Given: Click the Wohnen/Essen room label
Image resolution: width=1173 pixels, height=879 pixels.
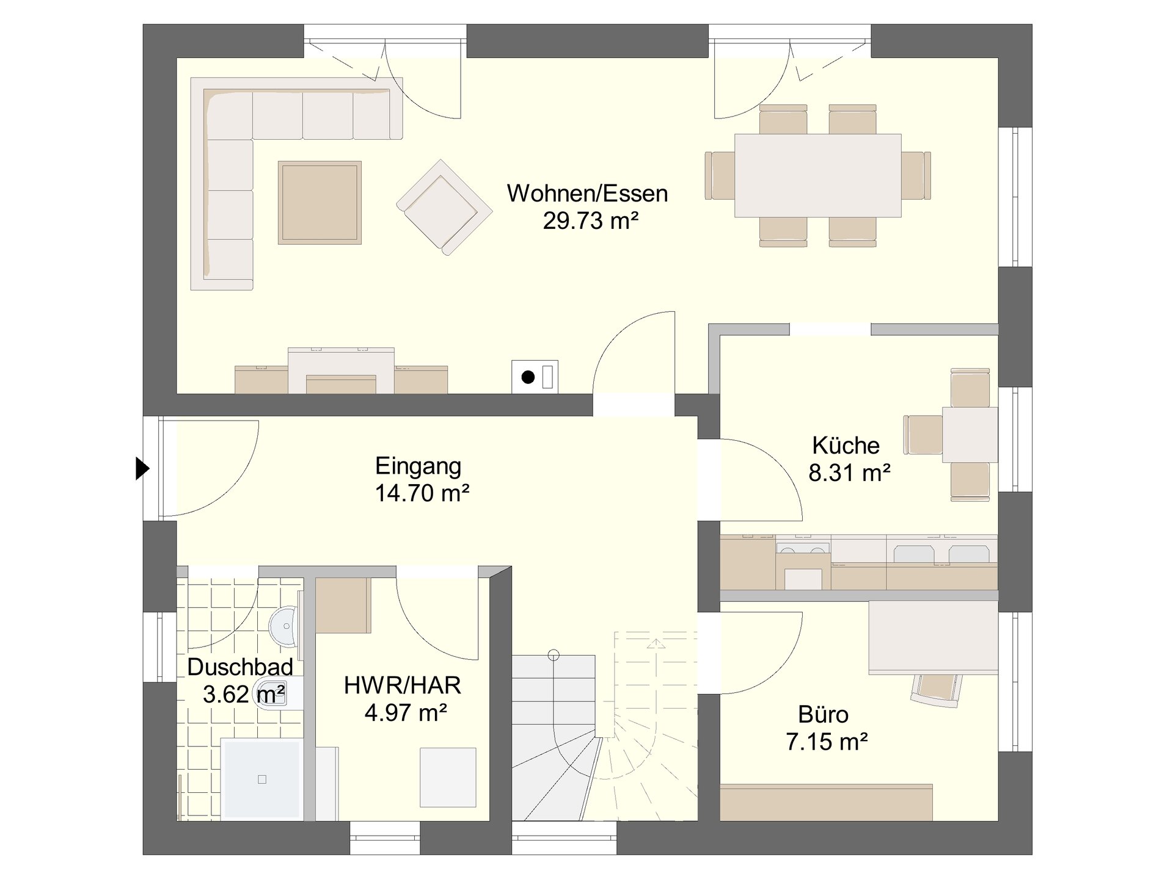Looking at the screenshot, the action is [587, 194].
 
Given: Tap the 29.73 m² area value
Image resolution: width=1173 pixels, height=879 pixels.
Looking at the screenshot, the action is [591, 220].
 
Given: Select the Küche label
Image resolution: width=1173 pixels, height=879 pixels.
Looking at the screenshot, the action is [846, 445].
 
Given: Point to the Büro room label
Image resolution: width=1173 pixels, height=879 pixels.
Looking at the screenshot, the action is [823, 714].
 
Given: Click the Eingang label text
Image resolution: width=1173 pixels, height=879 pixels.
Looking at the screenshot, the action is [418, 466].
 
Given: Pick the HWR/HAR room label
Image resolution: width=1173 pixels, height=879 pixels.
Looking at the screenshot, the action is [402, 685].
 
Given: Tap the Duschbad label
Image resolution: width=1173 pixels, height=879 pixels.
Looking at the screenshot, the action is [239, 667].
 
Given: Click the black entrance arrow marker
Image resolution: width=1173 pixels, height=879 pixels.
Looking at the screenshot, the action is [142, 469].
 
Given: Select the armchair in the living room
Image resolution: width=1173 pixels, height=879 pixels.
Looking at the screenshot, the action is [444, 208].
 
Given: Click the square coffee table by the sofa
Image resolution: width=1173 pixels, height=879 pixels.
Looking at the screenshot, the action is [320, 203].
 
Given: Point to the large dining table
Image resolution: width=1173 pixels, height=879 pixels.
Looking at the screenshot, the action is [818, 176].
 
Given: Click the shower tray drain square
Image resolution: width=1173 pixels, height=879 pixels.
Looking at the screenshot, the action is [262, 780].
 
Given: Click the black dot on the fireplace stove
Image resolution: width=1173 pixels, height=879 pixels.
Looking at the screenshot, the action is [528, 377].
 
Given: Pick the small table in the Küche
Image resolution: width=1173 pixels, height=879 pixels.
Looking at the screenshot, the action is [970, 435].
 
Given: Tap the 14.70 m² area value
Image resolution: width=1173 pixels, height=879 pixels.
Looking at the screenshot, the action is [422, 493].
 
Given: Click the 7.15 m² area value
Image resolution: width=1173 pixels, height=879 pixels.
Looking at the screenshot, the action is [827, 742].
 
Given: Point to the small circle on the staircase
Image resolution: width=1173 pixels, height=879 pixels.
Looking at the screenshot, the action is [554, 656].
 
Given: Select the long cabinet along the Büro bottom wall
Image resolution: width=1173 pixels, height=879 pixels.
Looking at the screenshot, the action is [827, 802].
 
